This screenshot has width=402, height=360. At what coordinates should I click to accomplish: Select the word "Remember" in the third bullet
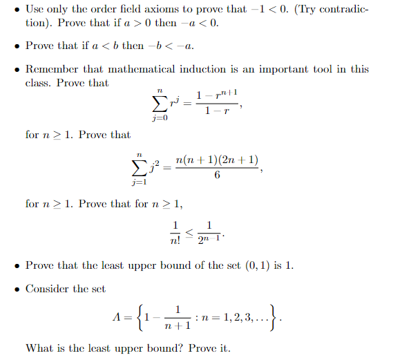point(50,69)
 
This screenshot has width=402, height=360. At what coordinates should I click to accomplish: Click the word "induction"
point(206,69)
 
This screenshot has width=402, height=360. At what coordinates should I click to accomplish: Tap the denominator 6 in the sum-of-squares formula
point(217,175)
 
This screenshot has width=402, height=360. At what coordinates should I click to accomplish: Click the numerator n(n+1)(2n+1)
point(217,161)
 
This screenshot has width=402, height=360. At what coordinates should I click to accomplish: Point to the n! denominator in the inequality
point(175,239)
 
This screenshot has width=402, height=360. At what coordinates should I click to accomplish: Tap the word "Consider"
point(48,288)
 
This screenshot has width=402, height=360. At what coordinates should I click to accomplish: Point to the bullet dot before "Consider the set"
point(17,289)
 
